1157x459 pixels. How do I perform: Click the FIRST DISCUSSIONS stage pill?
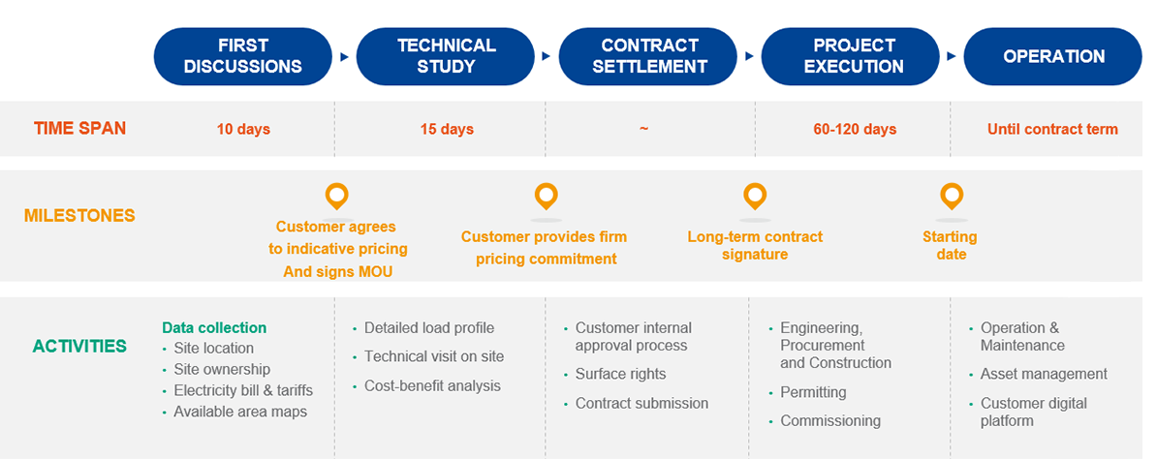click(242, 56)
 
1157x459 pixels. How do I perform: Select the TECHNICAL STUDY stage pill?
click(446, 56)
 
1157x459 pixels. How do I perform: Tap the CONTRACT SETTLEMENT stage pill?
click(649, 56)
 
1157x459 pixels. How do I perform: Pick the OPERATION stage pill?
click(1053, 56)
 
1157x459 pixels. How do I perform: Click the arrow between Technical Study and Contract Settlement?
click(547, 56)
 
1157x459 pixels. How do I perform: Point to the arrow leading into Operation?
click(952, 56)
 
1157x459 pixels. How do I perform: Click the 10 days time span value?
click(243, 129)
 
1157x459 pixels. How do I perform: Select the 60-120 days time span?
click(855, 129)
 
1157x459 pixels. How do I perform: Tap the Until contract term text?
click(1052, 129)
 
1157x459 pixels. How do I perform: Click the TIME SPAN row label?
click(79, 128)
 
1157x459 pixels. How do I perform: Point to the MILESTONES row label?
click(79, 215)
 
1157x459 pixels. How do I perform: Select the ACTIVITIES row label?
click(79, 346)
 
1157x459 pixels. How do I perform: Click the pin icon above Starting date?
click(952, 197)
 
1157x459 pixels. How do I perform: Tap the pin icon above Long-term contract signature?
click(755, 197)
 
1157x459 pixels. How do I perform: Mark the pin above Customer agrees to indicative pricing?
click(336, 197)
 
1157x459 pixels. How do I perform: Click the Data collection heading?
click(214, 327)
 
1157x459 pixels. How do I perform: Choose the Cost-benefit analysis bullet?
click(432, 385)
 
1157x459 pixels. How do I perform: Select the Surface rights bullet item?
click(620, 374)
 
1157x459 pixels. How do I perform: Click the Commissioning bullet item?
click(830, 420)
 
